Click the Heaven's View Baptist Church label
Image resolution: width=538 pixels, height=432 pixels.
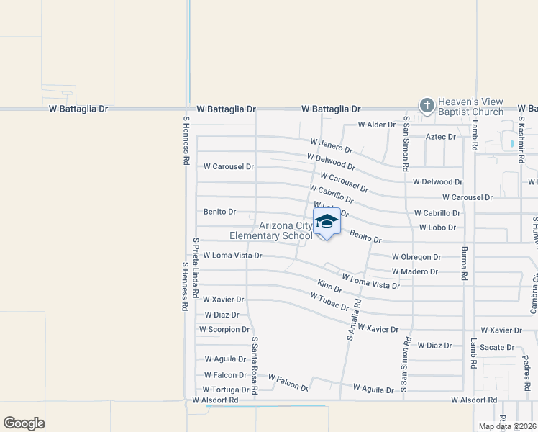pyautogui.click(x=471, y=107)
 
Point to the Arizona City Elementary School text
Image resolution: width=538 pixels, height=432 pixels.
pyautogui.click(x=271, y=230)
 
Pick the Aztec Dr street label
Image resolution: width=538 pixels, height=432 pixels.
pyautogui.click(x=441, y=136)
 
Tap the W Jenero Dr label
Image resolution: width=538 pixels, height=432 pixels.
pyautogui.click(x=332, y=146)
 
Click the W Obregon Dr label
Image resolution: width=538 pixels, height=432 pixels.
pyautogui.click(x=416, y=257)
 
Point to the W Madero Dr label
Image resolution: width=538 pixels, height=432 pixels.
pyautogui.click(x=415, y=271)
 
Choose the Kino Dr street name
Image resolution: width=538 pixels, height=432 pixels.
pyautogui.click(x=329, y=287)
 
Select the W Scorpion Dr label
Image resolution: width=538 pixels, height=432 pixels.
pyautogui.click(x=224, y=330)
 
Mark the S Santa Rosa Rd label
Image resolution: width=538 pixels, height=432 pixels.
pyautogui.click(x=254, y=359)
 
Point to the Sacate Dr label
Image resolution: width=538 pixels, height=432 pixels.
pyautogui.click(x=497, y=347)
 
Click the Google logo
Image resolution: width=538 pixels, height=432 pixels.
pyautogui.click(x=24, y=423)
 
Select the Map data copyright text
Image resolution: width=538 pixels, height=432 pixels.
pyautogui.click(x=507, y=426)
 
